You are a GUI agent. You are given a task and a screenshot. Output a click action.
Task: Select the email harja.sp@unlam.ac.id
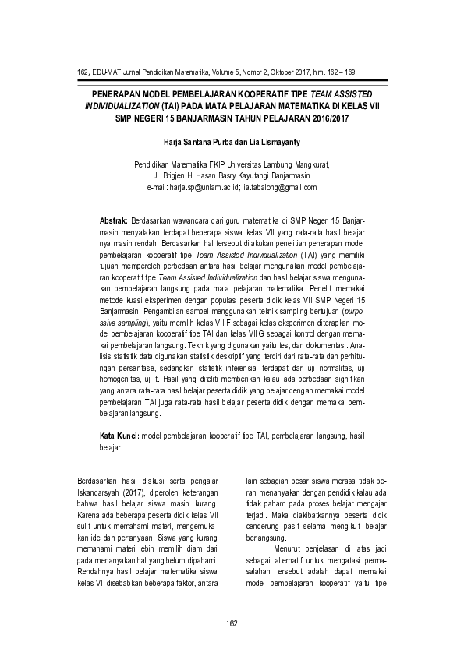(205, 188)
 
